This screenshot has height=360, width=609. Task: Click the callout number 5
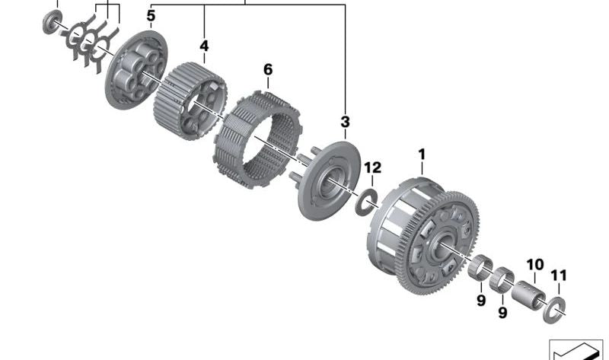pos(151,16)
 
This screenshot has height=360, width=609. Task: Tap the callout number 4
pos(204,46)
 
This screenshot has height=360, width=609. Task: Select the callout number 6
pos(268,70)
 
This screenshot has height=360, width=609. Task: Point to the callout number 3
pos(345,122)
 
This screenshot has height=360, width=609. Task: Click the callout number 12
pos(373,167)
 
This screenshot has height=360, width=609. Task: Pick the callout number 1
pos(422,155)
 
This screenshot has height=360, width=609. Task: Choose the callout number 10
pos(535,265)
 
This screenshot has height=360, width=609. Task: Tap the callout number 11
pos(560,276)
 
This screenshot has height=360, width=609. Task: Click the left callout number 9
pos(481,301)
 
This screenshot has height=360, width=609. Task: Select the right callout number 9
pos(502,312)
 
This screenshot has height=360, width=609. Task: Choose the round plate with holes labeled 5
pos(137,69)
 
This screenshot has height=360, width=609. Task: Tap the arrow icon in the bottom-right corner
pos(576,349)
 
